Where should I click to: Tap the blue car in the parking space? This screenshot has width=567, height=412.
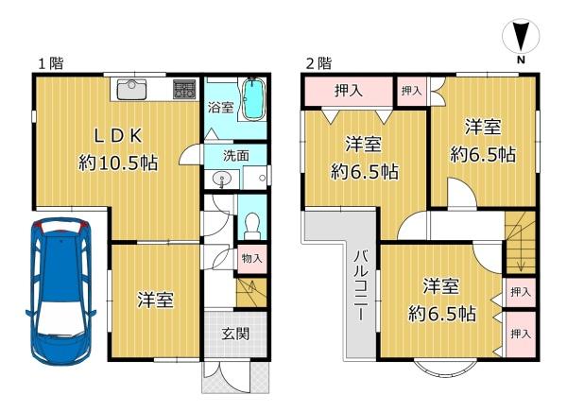pos(61,290)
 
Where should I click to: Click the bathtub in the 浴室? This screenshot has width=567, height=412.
pos(253,99)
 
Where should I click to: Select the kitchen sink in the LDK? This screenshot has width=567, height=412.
pos(131,90)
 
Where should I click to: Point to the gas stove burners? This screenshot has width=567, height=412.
pos(184,89)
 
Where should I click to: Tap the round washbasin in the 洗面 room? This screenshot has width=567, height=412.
pos(221,180)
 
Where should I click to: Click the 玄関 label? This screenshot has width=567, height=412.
pos(235,334)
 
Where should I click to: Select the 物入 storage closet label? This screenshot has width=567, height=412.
pos(251,258)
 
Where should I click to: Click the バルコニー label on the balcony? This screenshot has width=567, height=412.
pos(361,284)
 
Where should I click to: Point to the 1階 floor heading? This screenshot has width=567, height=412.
pos(51,63)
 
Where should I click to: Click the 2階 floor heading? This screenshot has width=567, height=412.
pos(319,63)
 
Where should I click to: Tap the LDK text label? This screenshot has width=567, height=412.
pos(118,136)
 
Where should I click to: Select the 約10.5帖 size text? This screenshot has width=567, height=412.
pos(118,163)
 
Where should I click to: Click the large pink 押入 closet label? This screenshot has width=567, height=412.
pos(349,91)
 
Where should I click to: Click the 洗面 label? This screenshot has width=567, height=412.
pos(235,156)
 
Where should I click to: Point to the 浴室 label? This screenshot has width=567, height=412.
pos(220,107)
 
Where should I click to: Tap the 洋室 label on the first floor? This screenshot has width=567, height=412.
pos(155,300)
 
